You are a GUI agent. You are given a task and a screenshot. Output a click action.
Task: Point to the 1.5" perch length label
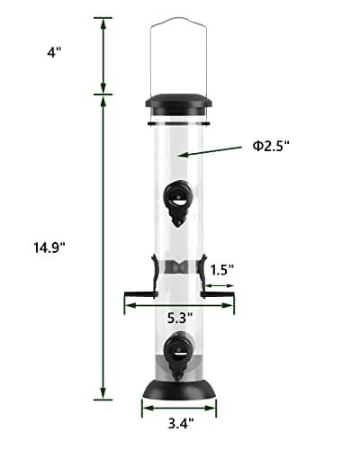click(222, 268)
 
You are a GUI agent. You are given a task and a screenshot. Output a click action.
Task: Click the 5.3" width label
click(180, 317)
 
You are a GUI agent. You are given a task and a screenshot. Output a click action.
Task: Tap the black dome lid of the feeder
click(179, 102)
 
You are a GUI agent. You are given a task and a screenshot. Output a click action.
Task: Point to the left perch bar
click(139, 292)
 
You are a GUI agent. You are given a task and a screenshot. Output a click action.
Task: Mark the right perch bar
click(219, 292)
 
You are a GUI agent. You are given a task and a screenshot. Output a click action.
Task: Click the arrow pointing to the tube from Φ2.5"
click(211, 149)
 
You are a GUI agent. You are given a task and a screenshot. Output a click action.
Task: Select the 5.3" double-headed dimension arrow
click(180, 306)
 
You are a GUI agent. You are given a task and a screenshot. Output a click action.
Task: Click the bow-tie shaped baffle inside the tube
click(180, 266)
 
